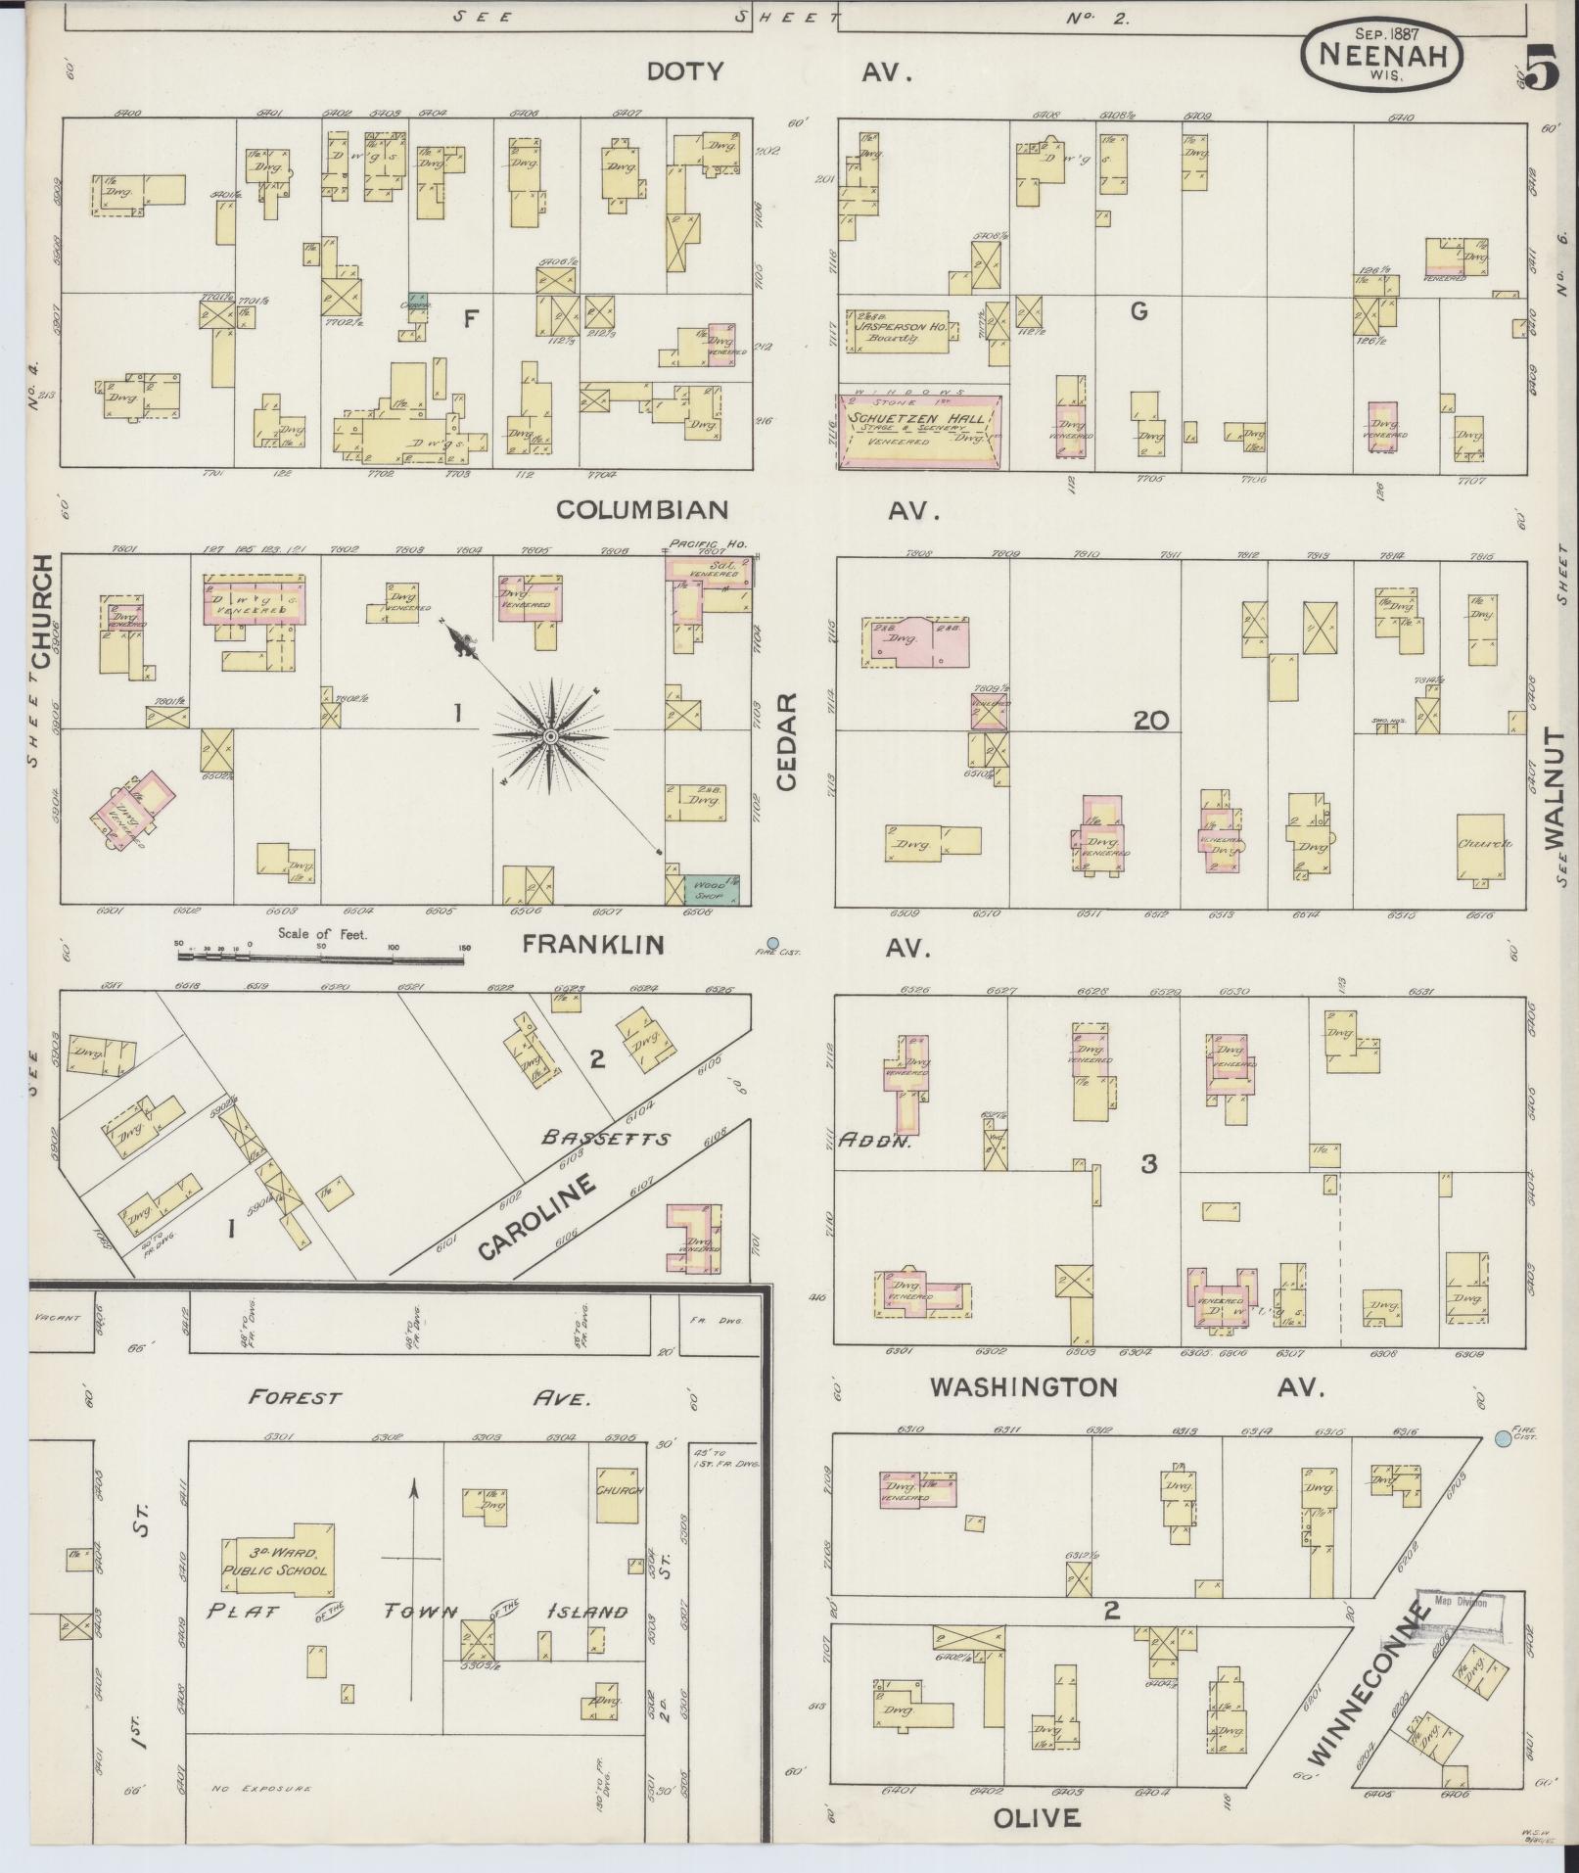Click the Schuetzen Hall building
click(919, 430)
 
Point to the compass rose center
click(550, 735)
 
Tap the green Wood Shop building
click(711, 888)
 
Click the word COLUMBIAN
click(642, 510)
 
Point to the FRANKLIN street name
click(592, 944)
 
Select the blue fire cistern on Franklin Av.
click(772, 942)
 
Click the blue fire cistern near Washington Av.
click(1502, 1438)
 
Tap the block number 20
click(1150, 722)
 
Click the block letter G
click(1138, 311)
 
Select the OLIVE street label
click(1038, 1818)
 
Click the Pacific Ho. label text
click(695, 543)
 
